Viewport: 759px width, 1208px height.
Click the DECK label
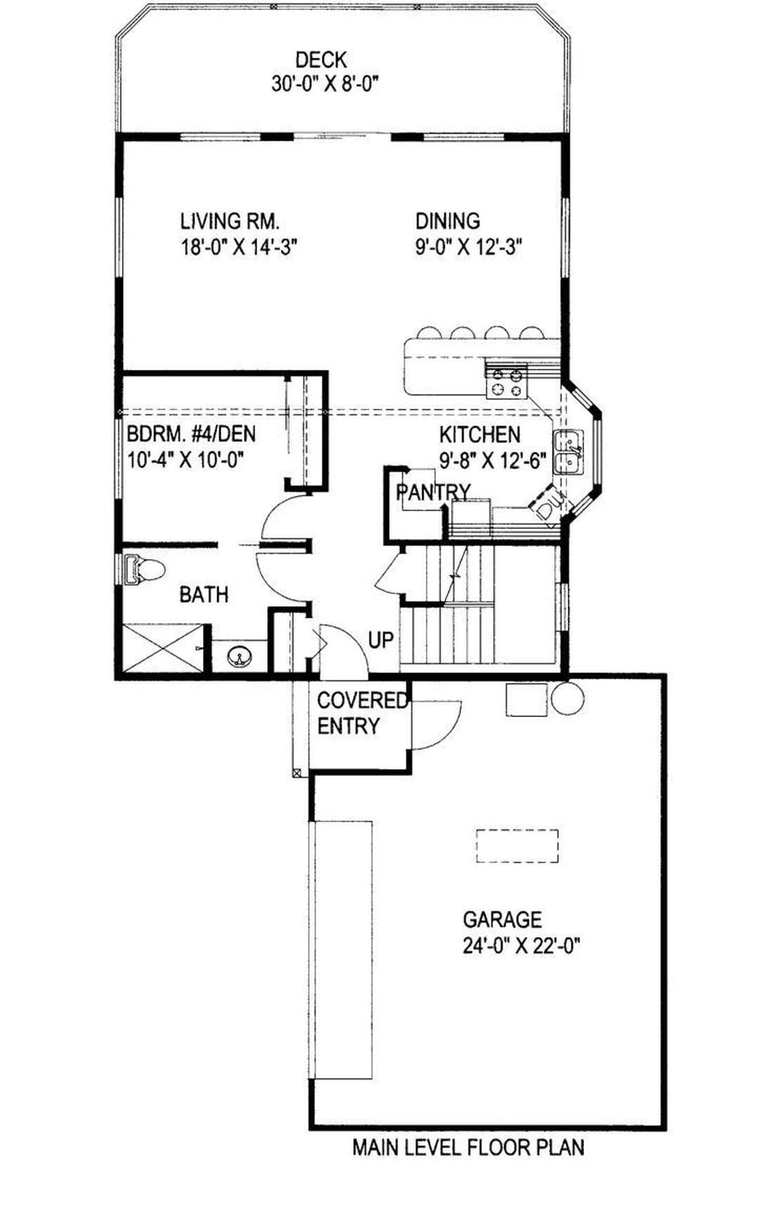[x=320, y=60]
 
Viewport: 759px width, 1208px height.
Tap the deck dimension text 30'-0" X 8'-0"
[x=325, y=84]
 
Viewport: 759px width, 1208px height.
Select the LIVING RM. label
[x=230, y=221]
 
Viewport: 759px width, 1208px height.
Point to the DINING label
[x=448, y=221]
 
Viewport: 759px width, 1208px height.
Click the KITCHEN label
[x=480, y=435]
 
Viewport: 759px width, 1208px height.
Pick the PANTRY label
[x=433, y=492]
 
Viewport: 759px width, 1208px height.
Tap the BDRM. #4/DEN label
[x=191, y=433]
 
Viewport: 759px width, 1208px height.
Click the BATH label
[x=204, y=595]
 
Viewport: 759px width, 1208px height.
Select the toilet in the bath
[x=143, y=570]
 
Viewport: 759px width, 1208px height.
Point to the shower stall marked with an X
[x=163, y=647]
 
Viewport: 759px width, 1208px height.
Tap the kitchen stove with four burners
[x=507, y=381]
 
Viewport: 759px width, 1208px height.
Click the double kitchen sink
[x=569, y=452]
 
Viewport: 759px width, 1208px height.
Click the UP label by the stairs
[x=381, y=640]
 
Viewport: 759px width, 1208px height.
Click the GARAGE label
[x=502, y=919]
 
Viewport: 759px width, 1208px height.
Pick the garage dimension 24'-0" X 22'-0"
[x=521, y=946]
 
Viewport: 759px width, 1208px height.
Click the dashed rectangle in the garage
[x=517, y=846]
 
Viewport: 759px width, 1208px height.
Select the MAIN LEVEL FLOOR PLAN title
[x=468, y=1148]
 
